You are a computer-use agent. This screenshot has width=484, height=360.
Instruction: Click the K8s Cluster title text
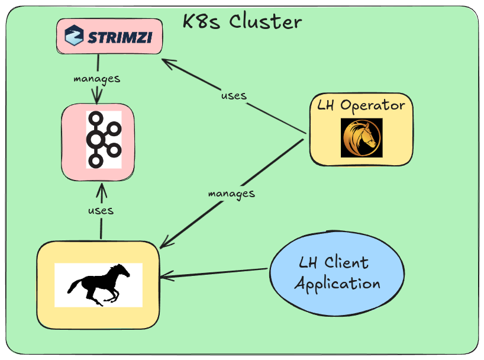(242, 22)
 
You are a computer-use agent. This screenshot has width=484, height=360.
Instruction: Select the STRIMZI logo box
(109, 37)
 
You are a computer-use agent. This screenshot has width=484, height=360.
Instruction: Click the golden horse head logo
(362, 137)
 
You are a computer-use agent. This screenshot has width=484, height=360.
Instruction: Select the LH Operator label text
(361, 106)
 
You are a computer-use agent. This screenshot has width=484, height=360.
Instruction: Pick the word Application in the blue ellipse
(337, 284)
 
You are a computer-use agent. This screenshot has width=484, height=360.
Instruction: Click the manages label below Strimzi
(96, 78)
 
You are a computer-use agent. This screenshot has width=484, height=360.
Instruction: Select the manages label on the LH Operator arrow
(231, 194)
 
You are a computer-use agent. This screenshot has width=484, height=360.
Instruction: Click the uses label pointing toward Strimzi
(233, 95)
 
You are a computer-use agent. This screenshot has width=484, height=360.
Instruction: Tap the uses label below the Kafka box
(101, 210)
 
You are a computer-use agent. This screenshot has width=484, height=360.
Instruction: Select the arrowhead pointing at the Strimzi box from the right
(167, 60)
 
